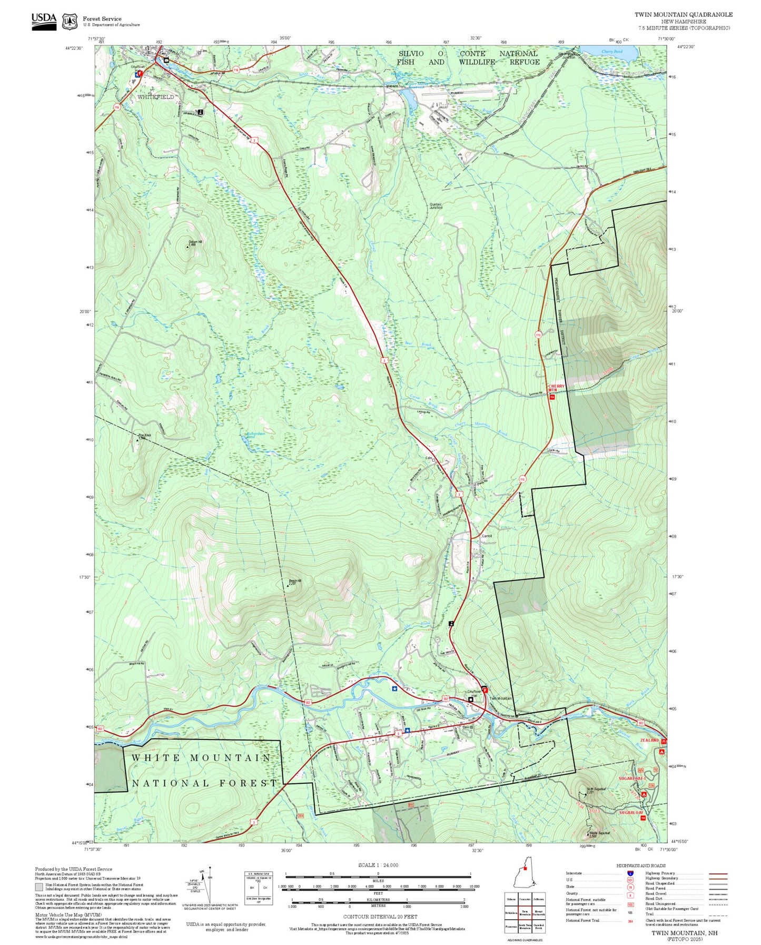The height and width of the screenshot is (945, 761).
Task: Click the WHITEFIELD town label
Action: [155, 97]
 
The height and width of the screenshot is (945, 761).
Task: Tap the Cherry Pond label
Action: [611, 52]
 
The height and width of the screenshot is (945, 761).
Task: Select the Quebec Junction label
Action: [436, 206]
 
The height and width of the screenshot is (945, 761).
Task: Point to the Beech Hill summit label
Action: [295, 582]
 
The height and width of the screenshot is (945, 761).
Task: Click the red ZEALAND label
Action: [649, 740]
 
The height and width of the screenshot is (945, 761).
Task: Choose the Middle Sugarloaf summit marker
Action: [588, 834]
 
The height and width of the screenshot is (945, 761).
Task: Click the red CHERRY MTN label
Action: [556, 388]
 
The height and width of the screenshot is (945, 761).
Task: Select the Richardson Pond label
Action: [255, 435]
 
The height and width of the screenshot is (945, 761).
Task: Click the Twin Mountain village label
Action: [500, 698]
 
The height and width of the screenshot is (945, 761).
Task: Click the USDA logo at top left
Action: [44, 21]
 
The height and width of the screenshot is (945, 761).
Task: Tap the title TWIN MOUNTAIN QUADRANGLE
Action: [683, 14]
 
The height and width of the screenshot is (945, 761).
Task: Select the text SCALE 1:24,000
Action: [378, 865]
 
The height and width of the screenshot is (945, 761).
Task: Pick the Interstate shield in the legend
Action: [630, 873]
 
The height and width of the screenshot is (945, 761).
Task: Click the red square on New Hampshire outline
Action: [525, 883]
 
